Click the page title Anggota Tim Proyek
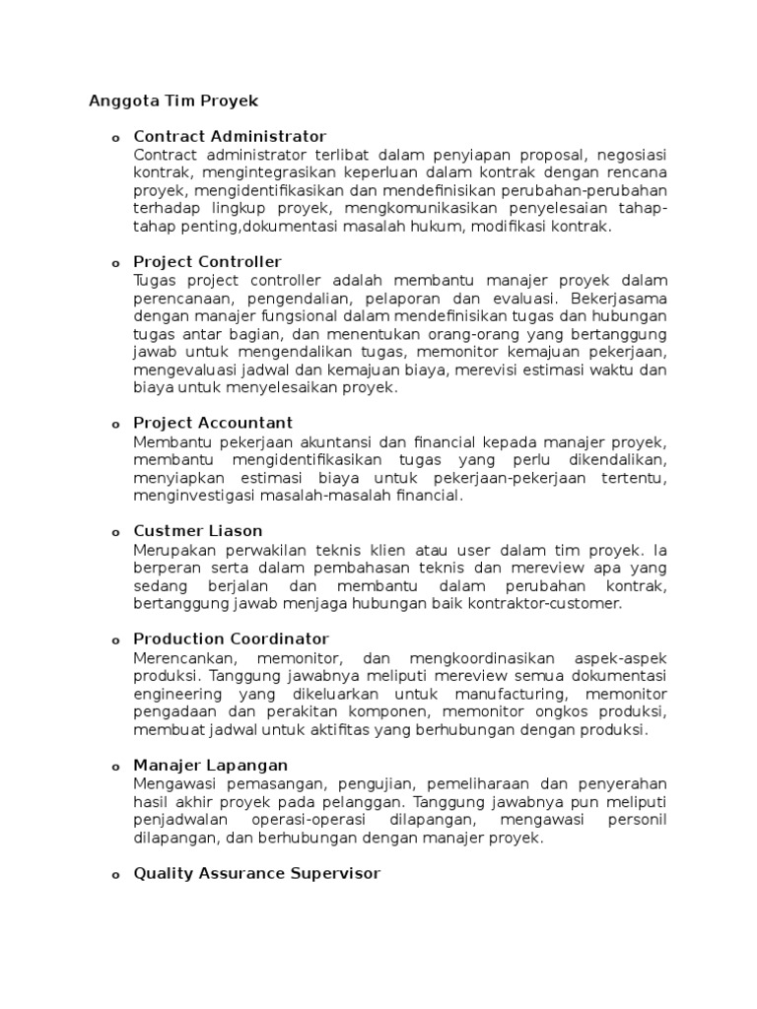pyautogui.click(x=173, y=100)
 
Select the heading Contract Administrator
pyautogui.click(x=230, y=136)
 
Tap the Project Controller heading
pyautogui.click(x=207, y=261)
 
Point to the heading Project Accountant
pyautogui.click(x=213, y=423)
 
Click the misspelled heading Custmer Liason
pyautogui.click(x=197, y=530)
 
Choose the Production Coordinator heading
pyautogui.click(x=231, y=639)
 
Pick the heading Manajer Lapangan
pyautogui.click(x=210, y=765)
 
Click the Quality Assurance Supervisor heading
pyautogui.click(x=256, y=873)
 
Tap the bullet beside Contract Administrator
pyautogui.click(x=114, y=138)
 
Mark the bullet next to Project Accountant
pyautogui.click(x=114, y=425)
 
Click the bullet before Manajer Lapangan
pyautogui.click(x=114, y=767)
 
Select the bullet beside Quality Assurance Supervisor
pyautogui.click(x=114, y=875)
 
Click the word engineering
pyautogui.click(x=174, y=694)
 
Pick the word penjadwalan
pyautogui.click(x=180, y=820)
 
